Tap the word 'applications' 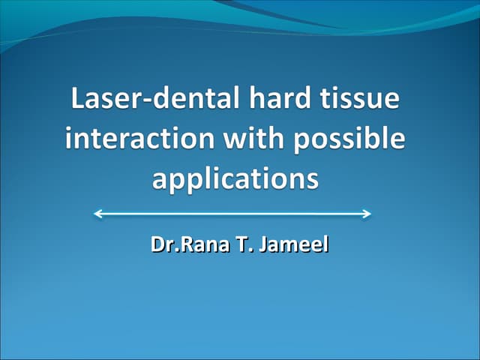pyautogui.click(x=235, y=181)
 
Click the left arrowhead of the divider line pyautogui.click(x=97, y=214)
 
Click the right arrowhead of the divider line pyautogui.click(x=367, y=214)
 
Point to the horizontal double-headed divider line pyautogui.click(x=232, y=214)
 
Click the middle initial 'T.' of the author pyautogui.click(x=243, y=244)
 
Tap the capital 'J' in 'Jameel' pyautogui.click(x=262, y=245)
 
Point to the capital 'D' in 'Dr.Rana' pyautogui.click(x=157, y=244)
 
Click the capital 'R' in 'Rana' pyautogui.click(x=181, y=244)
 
